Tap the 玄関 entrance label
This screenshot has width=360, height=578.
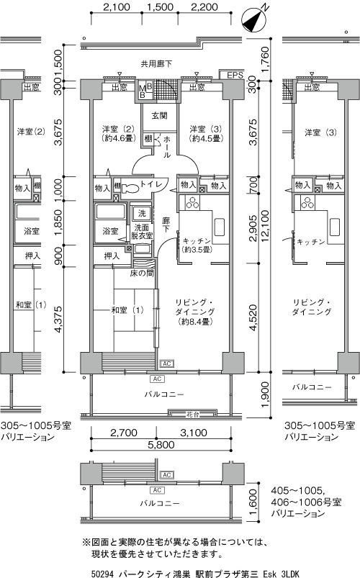[159, 116]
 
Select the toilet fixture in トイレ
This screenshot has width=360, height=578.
[129, 188]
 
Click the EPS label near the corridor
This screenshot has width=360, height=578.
[235, 75]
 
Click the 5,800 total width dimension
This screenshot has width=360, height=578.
[161, 445]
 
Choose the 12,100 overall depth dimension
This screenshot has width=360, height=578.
[265, 226]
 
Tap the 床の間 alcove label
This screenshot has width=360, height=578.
[142, 273]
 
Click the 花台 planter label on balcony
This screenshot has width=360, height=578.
[192, 415]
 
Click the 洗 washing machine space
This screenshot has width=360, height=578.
[142, 212]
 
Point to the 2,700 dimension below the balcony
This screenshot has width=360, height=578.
[124, 433]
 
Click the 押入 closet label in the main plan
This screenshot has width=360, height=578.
[112, 256]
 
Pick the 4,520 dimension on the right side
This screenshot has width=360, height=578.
[253, 317]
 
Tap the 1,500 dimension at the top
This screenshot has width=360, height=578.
[160, 7]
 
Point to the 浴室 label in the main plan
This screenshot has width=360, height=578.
[110, 231]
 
